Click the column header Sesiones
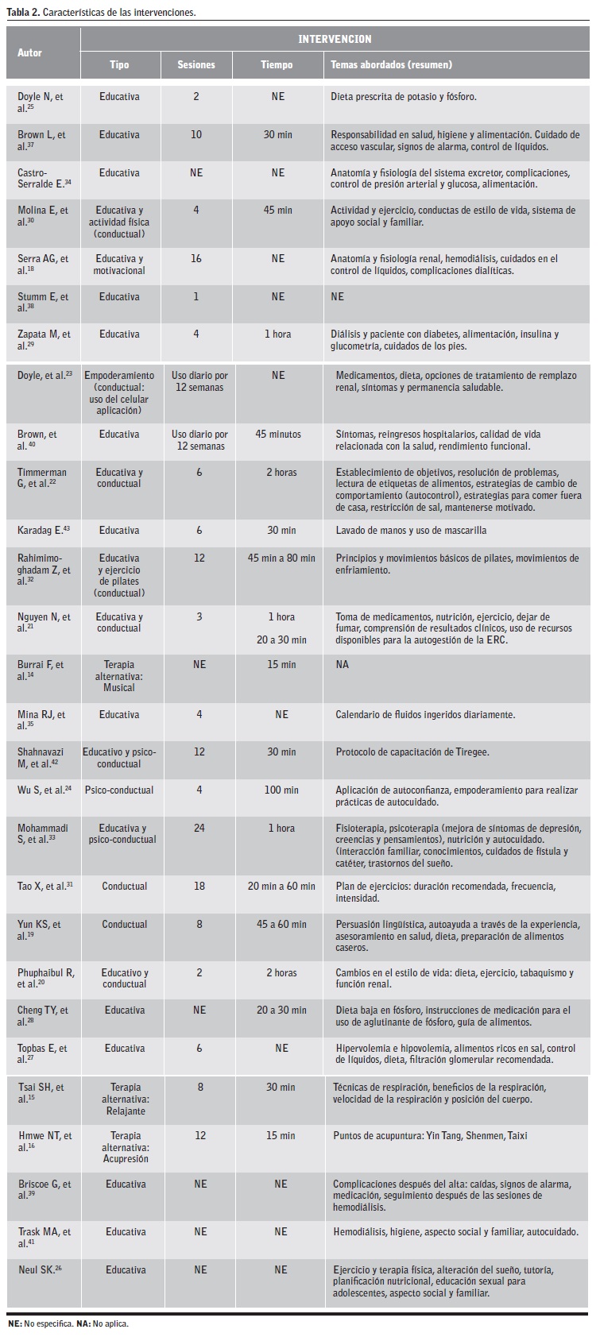(x=196, y=65)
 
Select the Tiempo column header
(x=277, y=65)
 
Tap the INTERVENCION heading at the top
(x=335, y=39)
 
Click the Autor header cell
(x=30, y=52)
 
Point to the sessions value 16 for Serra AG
(x=196, y=259)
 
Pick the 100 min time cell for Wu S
(x=281, y=790)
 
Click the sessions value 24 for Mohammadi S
(x=199, y=829)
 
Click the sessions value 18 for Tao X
(x=199, y=887)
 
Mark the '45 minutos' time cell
(x=278, y=435)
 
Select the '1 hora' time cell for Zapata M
(x=277, y=334)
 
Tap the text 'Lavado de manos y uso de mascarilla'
(x=411, y=531)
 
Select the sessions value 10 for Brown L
(x=196, y=135)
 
